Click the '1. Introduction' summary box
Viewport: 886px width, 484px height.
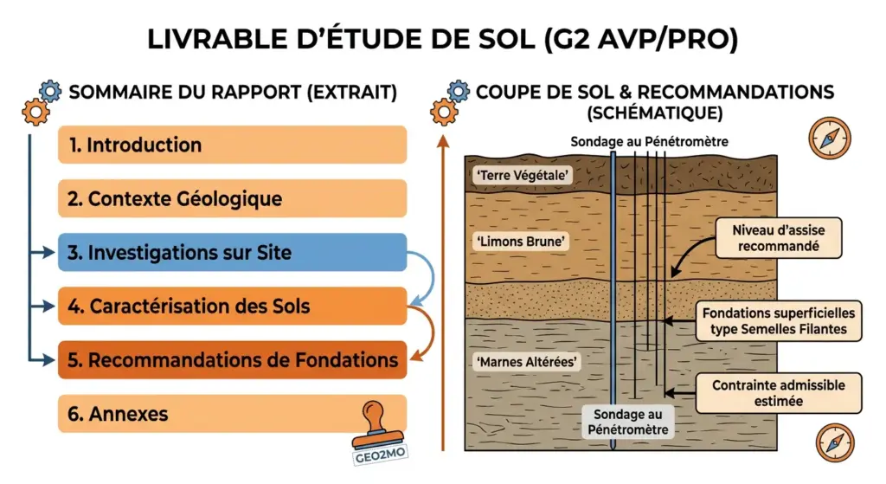tap(232, 145)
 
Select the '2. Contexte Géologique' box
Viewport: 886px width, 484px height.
tap(232, 198)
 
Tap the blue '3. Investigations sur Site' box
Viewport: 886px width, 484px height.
tap(232, 253)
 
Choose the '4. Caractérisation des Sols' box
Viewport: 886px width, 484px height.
tap(232, 306)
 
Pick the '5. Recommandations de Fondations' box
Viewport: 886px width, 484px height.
tap(232, 359)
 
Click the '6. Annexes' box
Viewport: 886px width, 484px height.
tap(232, 414)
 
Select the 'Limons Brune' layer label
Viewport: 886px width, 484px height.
tap(522, 242)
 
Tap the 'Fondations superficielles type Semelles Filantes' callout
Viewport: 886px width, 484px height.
tap(778, 320)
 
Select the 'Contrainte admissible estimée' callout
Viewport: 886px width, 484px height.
tap(778, 393)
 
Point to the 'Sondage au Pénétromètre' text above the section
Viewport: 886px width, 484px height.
tap(649, 141)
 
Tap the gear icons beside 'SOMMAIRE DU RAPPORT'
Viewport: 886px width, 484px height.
tap(42, 100)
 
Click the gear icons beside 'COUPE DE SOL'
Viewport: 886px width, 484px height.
tap(450, 100)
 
